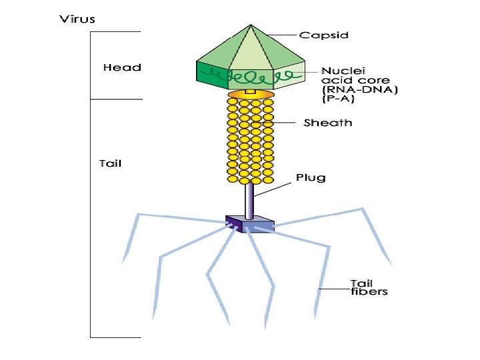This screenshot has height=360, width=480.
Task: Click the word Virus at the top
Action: point(78,19)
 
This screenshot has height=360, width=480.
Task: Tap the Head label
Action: point(122,67)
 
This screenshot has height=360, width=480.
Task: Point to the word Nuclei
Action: point(343,69)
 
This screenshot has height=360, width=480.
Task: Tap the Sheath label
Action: point(328,123)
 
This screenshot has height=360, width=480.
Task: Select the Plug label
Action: point(311,177)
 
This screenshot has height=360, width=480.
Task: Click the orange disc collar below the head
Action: point(251,96)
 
